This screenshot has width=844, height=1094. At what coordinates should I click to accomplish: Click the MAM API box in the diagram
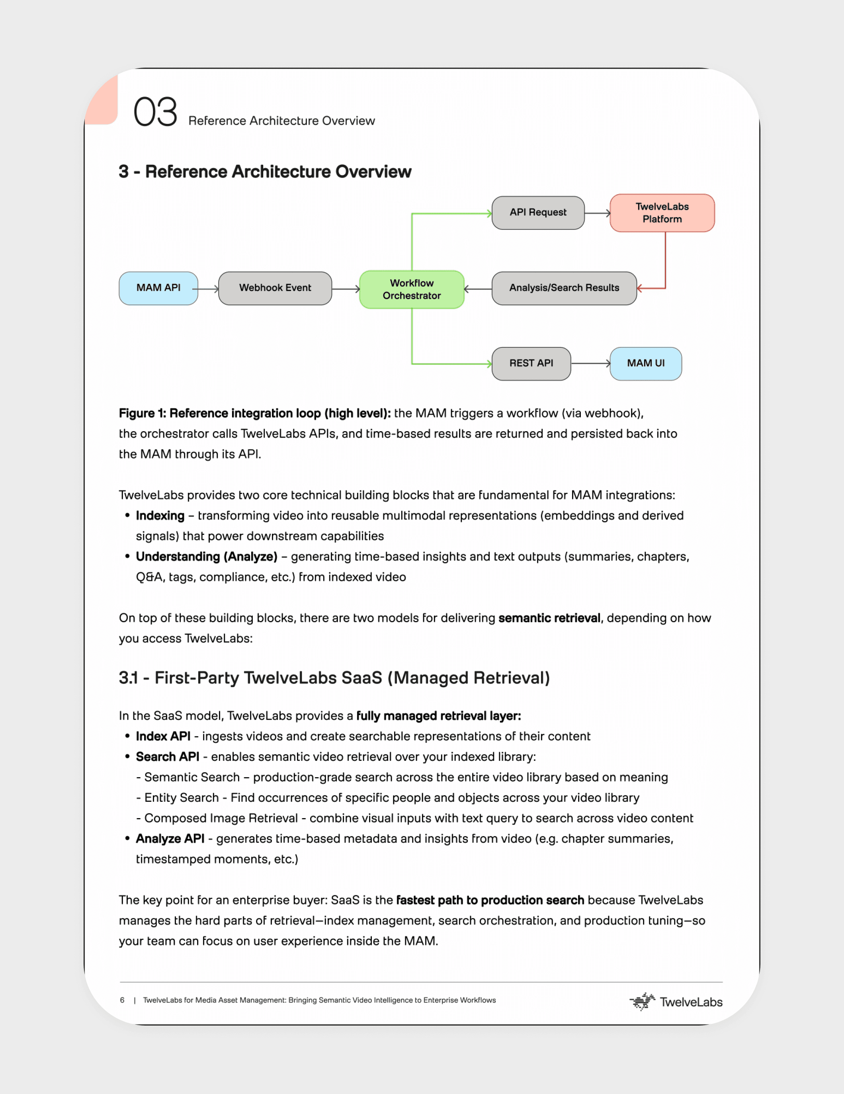158,288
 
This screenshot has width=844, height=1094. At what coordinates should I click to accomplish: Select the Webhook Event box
275,288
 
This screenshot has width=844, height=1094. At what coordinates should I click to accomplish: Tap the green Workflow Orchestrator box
412,289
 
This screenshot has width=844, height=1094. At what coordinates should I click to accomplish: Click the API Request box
538,212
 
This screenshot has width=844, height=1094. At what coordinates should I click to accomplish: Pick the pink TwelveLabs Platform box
662,213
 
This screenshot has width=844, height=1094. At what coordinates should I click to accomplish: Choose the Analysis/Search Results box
564,288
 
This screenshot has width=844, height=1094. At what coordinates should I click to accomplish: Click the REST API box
531,363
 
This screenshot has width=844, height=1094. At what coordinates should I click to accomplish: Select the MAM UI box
645,363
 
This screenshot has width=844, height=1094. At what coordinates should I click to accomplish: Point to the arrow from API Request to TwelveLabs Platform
597,213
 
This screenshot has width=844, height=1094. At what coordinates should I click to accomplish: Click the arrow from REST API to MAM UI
590,363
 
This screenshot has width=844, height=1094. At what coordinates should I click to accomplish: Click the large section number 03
155,112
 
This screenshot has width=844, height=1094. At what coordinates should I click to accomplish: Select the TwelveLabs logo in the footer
676,1002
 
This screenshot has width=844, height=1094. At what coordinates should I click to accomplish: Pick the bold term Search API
167,756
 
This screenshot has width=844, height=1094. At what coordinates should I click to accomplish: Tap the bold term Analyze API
170,838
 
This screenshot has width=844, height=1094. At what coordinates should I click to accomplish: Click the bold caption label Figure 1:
143,413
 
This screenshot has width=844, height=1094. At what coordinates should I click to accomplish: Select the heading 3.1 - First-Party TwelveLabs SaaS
334,678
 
